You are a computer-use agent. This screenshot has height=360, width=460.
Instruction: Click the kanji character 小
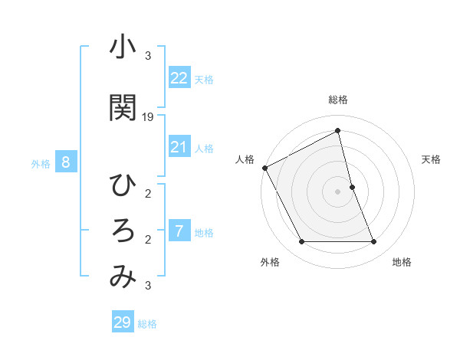122,48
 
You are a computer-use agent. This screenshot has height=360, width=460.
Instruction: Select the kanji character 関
122,108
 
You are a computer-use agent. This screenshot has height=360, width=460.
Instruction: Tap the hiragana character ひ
122,186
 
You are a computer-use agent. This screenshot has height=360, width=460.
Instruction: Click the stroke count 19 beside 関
148,117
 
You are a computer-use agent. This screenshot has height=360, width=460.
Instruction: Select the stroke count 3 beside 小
148,55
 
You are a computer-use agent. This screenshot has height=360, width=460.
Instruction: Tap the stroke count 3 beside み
148,286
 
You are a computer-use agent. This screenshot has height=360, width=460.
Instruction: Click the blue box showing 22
179,77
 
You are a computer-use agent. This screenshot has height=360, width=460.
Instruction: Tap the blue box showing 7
179,231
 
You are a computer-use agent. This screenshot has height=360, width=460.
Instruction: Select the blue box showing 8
66,162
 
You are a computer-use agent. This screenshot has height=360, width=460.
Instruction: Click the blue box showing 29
123,322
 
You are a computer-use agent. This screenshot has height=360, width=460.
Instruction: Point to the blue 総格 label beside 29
147,324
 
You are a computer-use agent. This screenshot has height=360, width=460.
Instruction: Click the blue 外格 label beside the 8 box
41,163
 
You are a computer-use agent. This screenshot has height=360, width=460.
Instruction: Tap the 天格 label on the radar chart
431,159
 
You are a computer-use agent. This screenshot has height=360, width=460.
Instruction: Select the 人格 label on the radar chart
245,159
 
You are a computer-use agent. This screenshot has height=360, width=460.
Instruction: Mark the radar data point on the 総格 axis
338,132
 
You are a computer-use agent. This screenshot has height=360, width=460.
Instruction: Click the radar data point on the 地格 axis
374,242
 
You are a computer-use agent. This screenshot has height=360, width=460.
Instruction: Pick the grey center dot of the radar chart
338,191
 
